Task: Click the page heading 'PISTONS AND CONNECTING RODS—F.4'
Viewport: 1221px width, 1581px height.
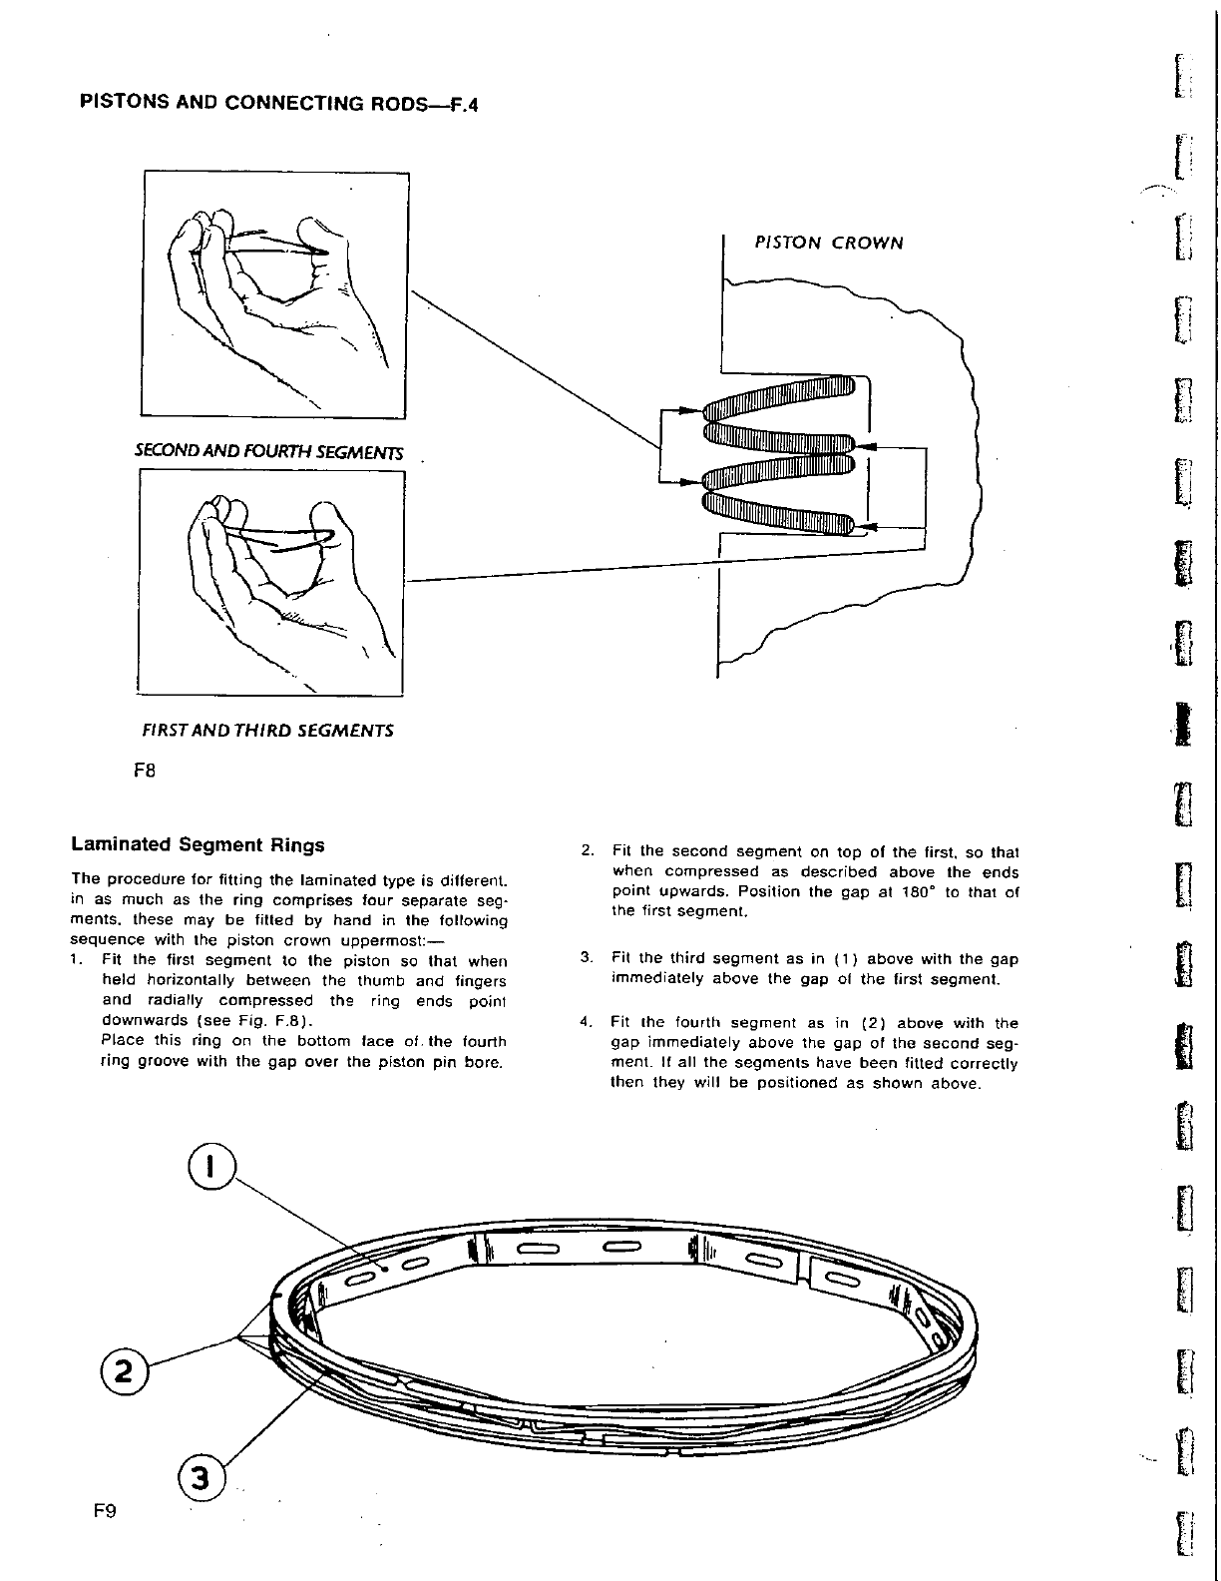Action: click(279, 104)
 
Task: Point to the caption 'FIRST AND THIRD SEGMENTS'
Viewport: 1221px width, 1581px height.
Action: click(269, 730)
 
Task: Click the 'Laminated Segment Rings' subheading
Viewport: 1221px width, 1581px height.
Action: click(198, 845)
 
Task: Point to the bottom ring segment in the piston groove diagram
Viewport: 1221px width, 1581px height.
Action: click(778, 510)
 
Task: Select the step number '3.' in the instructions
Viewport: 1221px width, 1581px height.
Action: click(587, 959)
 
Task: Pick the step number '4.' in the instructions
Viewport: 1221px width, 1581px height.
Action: click(587, 1023)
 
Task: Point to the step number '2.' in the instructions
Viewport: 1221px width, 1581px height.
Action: click(588, 851)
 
